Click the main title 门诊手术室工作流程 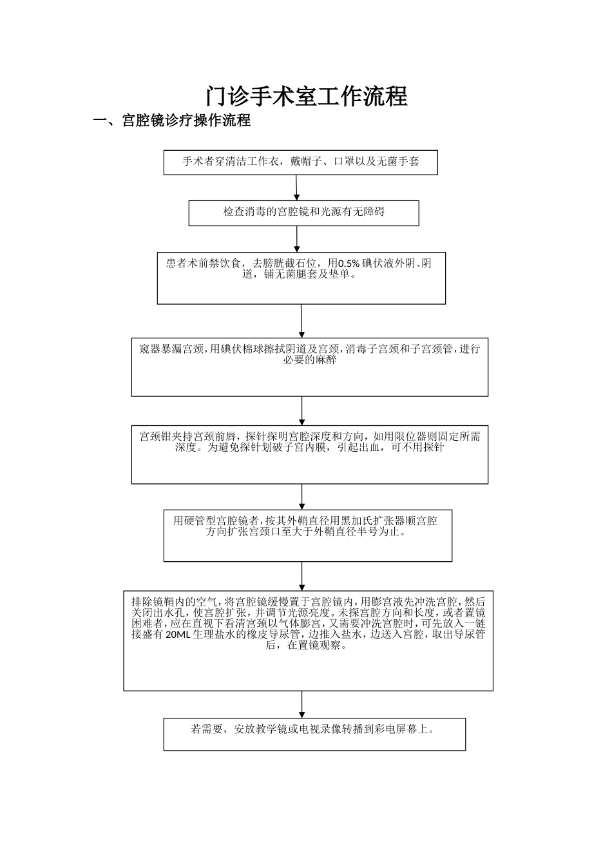[307, 97]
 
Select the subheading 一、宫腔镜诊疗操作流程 [172, 121]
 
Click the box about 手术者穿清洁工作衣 [300, 162]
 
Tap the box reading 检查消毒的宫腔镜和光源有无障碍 [303, 213]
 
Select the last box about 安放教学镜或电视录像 [314, 734]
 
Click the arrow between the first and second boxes [296, 188]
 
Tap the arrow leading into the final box [301, 704]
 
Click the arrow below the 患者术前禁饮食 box [301, 321]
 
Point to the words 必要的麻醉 [310, 360]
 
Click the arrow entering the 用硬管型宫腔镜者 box [301, 497]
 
